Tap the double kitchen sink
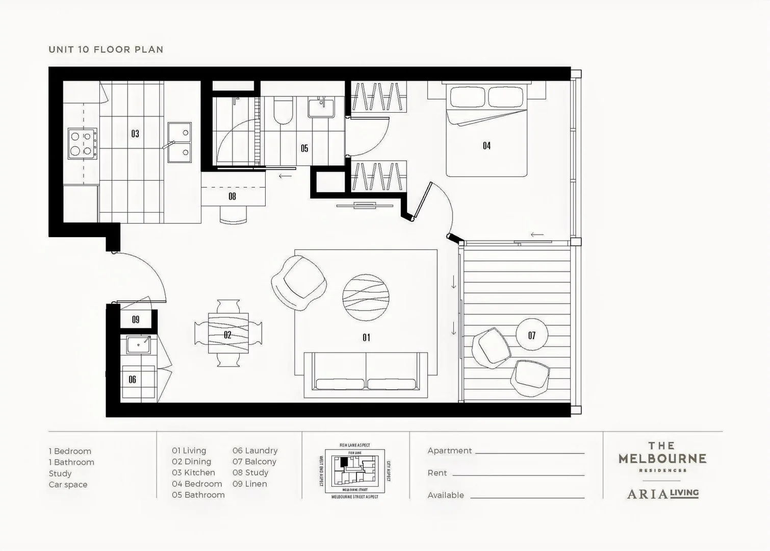tap(179, 142)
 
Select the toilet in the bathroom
tap(283, 111)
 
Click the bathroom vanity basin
tap(321, 108)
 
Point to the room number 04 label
tap(486, 146)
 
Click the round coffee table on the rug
tap(366, 298)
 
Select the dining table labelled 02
tap(228, 334)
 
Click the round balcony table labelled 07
tap(532, 335)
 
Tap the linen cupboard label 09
tap(136, 320)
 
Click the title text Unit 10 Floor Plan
tap(106, 49)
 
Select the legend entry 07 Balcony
tap(254, 462)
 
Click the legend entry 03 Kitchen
tap(193, 473)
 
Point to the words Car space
tap(68, 485)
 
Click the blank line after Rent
tap(518, 474)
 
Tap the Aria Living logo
tap(662, 493)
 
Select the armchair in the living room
tap(298, 282)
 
